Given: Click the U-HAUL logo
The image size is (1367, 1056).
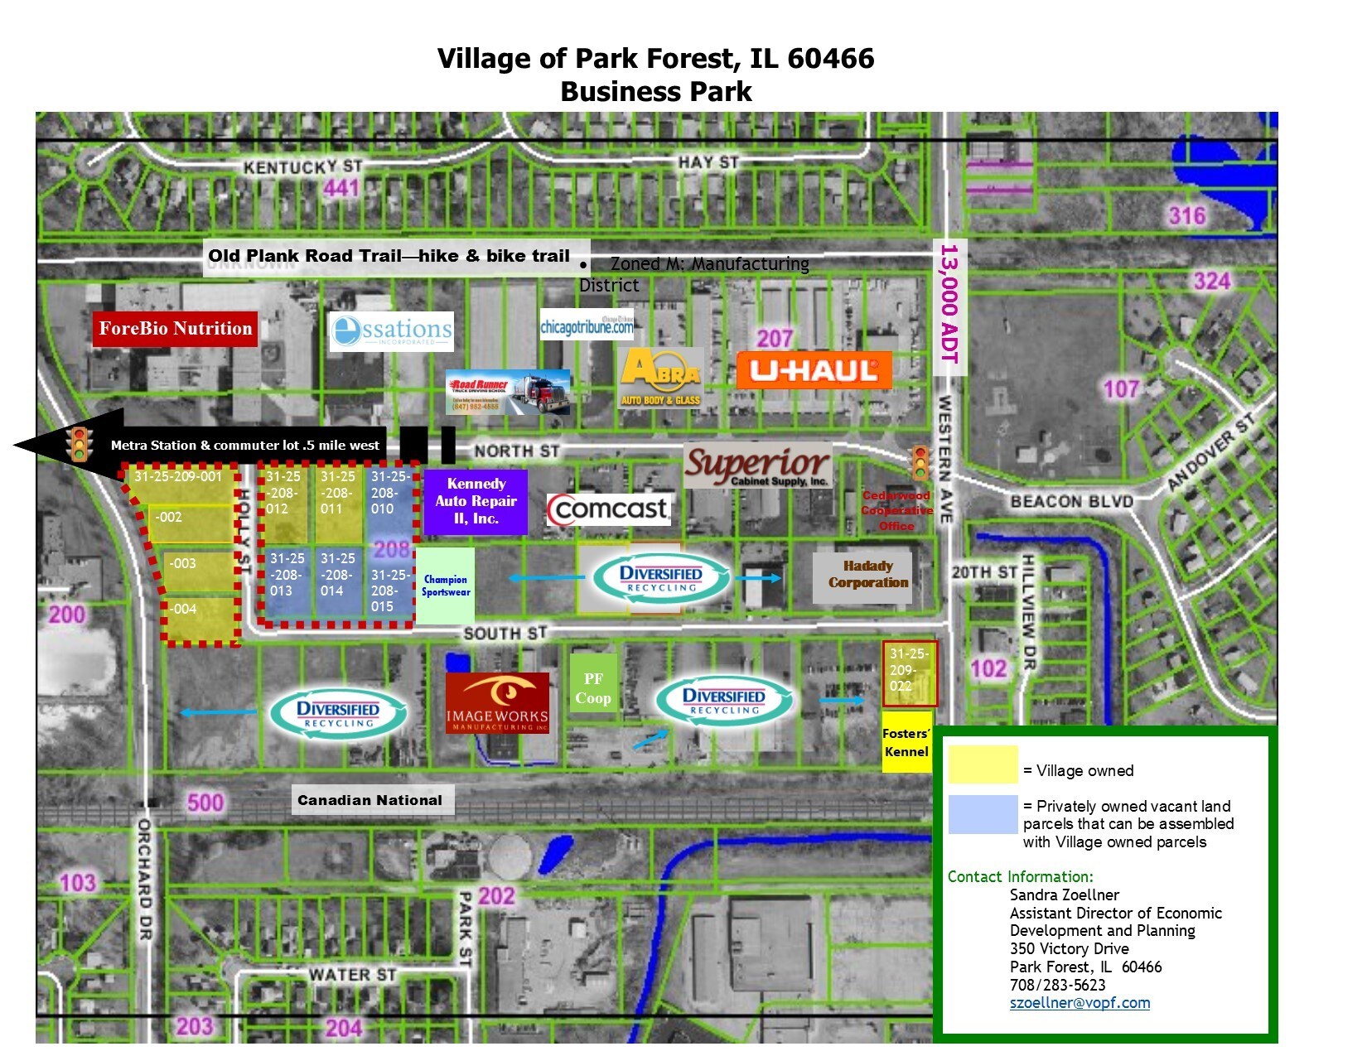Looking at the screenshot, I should pyautogui.click(x=814, y=370).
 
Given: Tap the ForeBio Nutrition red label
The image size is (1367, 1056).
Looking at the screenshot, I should pyautogui.click(x=176, y=329).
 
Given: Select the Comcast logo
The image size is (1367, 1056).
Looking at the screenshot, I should pyautogui.click(x=609, y=509).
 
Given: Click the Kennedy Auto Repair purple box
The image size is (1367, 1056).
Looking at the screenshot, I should pyautogui.click(x=476, y=501).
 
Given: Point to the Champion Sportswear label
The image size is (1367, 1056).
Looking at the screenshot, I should pyautogui.click(x=446, y=586).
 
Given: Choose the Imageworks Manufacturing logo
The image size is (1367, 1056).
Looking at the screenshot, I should pyautogui.click(x=497, y=703).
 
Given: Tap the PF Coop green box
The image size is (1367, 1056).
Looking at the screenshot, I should pyautogui.click(x=593, y=688).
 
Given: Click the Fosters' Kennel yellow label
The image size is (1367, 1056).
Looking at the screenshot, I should pyautogui.click(x=906, y=742).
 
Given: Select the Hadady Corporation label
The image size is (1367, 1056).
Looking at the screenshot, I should pyautogui.click(x=867, y=574).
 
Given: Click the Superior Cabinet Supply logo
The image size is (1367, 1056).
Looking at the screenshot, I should pyautogui.click(x=756, y=466).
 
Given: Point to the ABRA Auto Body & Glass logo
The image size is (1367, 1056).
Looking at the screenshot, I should pyautogui.click(x=661, y=378).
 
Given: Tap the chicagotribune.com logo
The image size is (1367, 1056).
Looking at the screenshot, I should pyautogui.click(x=587, y=325).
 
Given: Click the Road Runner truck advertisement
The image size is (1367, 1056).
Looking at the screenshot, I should pyautogui.click(x=508, y=392).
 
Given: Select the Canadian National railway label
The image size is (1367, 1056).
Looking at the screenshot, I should pyautogui.click(x=370, y=800).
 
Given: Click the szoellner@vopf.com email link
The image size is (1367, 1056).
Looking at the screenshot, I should pyautogui.click(x=1080, y=1003).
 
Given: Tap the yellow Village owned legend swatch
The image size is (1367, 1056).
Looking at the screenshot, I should pyautogui.click(x=983, y=764).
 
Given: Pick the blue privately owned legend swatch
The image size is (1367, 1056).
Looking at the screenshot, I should pyautogui.click(x=983, y=814).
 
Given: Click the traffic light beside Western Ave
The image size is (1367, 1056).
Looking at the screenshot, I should pyautogui.click(x=920, y=462).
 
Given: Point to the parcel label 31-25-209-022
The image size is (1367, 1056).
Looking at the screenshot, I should pyautogui.click(x=909, y=670).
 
